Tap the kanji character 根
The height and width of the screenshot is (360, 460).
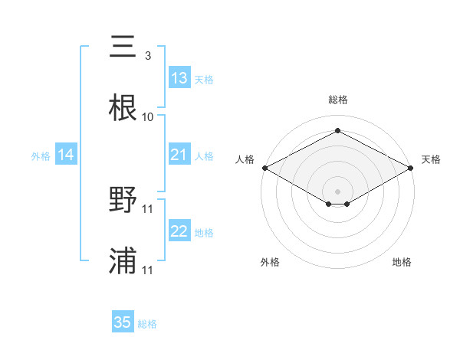pos(123,108)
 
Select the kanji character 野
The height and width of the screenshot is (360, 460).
pos(123,200)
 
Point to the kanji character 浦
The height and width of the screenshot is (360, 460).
pos(123,261)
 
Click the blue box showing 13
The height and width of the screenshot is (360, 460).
pos(179,78)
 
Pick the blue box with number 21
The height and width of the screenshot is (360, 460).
pos(179,155)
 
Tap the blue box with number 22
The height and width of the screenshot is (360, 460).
pos(179,232)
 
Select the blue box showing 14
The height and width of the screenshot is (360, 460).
pos(66,155)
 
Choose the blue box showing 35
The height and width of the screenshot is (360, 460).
pos(123,322)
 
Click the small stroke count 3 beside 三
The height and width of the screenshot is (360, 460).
pos(147,56)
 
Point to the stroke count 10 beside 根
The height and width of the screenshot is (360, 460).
pos(148,117)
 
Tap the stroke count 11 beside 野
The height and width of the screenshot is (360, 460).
pos(148,208)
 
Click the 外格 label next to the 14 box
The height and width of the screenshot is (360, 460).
pos(41,156)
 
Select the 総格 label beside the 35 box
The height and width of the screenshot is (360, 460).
pos(147,324)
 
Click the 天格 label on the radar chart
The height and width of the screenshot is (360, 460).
pos(431,159)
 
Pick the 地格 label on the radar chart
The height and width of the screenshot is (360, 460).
pos(402,262)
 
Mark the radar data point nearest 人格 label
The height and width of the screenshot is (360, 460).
pos(264,168)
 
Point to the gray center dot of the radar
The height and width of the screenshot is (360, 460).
pos(338,191)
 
